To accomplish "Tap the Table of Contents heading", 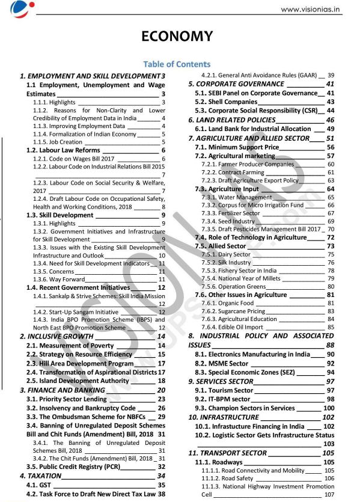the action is point(177,64).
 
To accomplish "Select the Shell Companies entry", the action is point(234,102).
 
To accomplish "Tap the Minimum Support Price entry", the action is point(245,147).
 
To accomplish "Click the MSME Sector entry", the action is point(229,364).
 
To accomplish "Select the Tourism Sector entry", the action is point(231,391).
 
